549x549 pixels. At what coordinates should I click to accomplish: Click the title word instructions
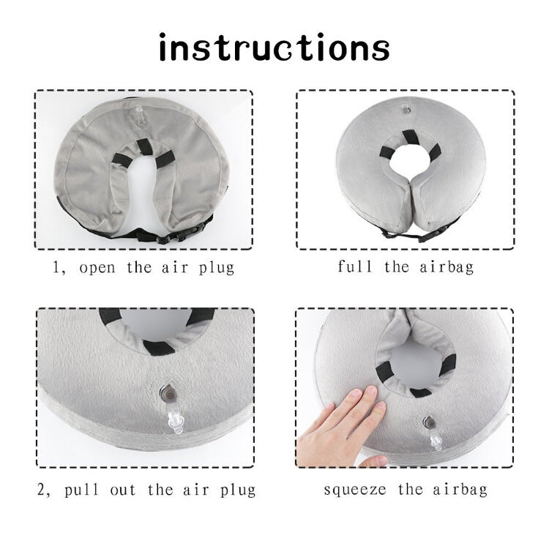point(274,48)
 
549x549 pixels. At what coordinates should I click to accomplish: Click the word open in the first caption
point(98,267)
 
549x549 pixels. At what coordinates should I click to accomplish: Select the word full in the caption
point(354,266)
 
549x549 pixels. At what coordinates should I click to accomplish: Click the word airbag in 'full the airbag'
point(445,266)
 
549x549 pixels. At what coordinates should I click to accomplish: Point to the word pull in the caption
point(83,490)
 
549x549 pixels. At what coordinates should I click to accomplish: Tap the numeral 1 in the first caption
point(55,267)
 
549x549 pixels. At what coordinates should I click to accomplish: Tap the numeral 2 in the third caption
point(42,490)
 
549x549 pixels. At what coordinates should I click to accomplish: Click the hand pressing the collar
point(344,425)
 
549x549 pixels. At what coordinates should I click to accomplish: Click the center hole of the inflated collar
point(405,163)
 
